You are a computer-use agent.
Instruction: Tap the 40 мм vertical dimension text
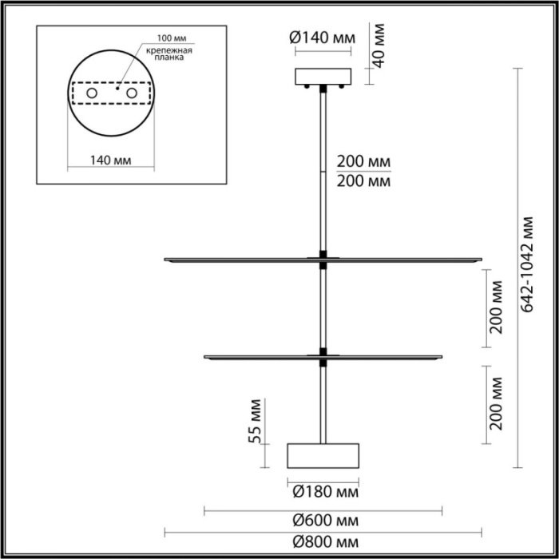(380, 46)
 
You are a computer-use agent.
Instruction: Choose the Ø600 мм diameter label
(323, 521)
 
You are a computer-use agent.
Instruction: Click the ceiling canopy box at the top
(323, 77)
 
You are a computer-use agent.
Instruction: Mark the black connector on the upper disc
(323, 256)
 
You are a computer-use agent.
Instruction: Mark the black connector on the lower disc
(323, 352)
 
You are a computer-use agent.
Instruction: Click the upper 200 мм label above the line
(364, 162)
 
